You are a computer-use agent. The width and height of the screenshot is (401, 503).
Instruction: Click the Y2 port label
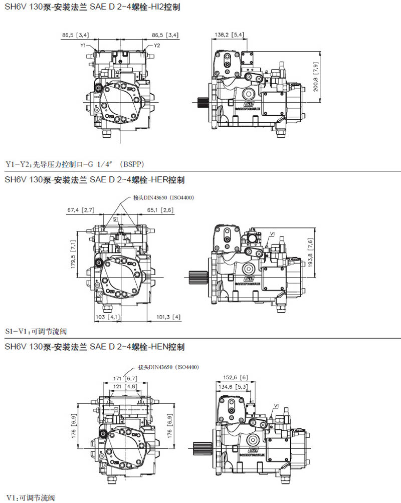click(x=156, y=45)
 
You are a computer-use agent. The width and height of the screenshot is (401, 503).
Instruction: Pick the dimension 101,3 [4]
click(x=168, y=317)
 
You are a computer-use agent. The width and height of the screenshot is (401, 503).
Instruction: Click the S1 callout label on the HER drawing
click(x=115, y=219)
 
